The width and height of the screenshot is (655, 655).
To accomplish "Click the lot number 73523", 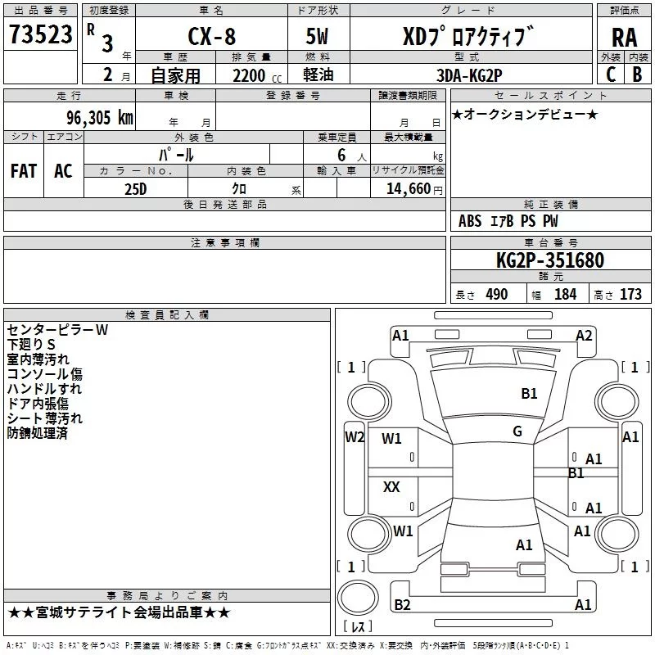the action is tap(40, 35).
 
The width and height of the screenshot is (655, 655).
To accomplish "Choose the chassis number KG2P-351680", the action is tap(550, 260).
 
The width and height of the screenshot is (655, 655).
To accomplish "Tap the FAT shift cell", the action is tap(24, 171).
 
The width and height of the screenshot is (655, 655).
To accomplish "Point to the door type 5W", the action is tap(318, 36).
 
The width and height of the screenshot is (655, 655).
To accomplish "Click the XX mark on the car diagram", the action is tap(392, 487).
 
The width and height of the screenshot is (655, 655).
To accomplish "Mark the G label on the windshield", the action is tap(517, 431).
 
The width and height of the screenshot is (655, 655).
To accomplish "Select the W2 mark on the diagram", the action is tap(355, 437).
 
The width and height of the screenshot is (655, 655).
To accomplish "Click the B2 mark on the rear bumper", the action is tap(402, 604).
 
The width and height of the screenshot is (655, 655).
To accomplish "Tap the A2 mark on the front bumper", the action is tap(584, 335).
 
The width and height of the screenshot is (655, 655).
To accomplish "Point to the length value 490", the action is tap(497, 295).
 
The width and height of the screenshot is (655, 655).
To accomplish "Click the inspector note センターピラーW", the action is tap(57, 330).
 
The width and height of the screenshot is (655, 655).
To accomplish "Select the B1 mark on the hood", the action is tap(530, 394).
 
